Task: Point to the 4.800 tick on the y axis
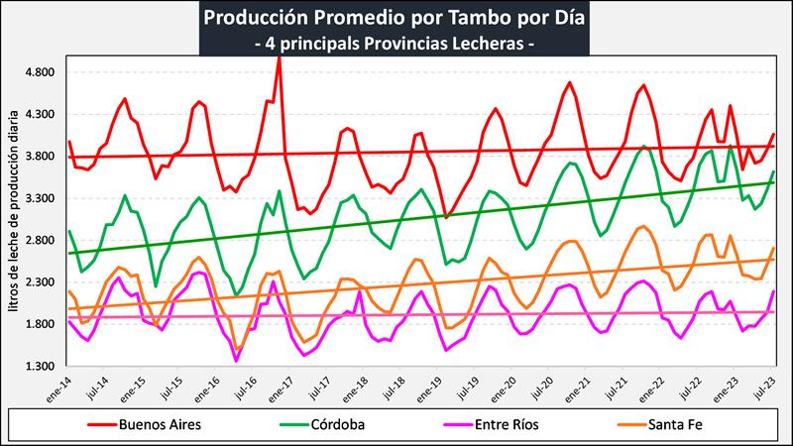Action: [42, 72]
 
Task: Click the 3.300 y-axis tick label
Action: [42, 198]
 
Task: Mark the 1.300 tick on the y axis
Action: [42, 366]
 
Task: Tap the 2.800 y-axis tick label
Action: [42, 241]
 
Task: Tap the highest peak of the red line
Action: [280, 56]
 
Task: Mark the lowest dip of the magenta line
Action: [236, 361]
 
